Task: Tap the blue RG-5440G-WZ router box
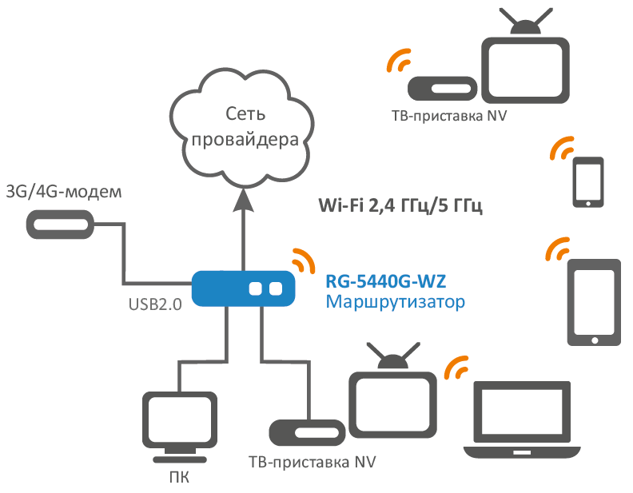click(242, 288)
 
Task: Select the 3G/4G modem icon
click(61, 223)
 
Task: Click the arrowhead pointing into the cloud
click(244, 199)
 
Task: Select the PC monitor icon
click(180, 423)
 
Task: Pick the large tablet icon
click(594, 301)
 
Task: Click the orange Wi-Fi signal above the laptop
click(456, 368)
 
